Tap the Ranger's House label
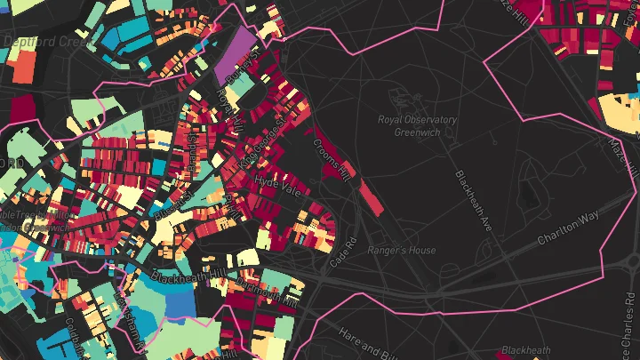402,251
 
